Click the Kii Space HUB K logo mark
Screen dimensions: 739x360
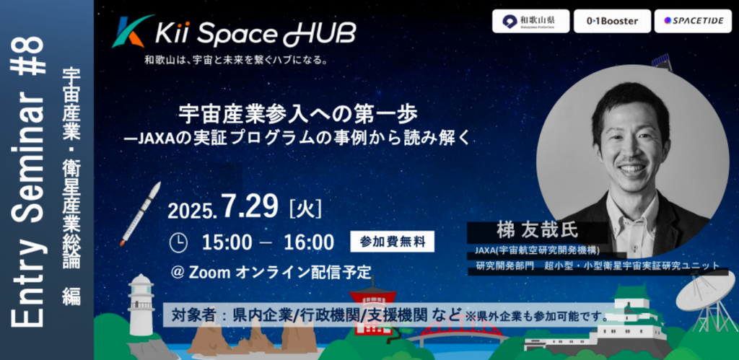(131, 32)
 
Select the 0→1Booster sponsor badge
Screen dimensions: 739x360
(612, 21)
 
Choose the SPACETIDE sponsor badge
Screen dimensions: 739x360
(693, 21)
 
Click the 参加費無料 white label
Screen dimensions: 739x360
(392, 242)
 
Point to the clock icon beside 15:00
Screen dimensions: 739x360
(178, 242)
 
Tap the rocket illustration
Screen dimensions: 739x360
(140, 214)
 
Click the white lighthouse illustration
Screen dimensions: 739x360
(141, 304)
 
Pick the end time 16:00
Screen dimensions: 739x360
(309, 242)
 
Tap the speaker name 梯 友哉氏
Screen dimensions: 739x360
(537, 231)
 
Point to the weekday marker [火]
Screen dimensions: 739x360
(306, 208)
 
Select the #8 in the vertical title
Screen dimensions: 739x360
(28, 56)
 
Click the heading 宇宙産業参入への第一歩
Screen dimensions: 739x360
(298, 115)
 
